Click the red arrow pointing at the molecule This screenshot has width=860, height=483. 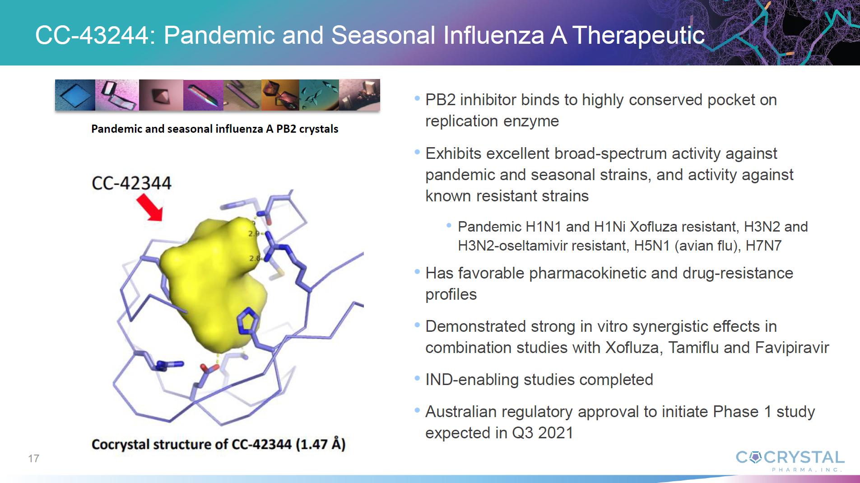(150, 207)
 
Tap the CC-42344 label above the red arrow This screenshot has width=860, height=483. (131, 183)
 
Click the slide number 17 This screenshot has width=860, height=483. (33, 459)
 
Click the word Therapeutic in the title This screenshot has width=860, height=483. (638, 35)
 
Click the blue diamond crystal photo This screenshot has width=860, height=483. (75, 95)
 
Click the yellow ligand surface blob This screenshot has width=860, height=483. (212, 280)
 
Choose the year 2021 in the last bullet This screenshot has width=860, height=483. (556, 433)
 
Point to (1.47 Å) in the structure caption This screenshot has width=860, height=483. (321, 444)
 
